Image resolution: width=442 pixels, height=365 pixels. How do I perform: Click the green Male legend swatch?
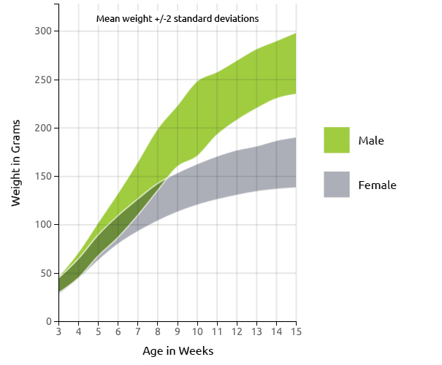coord(337,140)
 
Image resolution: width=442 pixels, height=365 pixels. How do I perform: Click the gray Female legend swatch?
coord(337,185)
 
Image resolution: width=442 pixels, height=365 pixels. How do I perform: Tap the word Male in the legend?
coord(371,141)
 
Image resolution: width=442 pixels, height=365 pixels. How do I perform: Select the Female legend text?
coord(378,185)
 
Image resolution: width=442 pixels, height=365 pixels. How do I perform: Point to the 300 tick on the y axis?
coord(43,31)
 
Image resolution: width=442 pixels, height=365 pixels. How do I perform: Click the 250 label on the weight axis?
coord(43,80)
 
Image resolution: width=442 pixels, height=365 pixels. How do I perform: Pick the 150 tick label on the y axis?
coord(43,177)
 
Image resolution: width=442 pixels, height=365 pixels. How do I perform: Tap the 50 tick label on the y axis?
coord(47,273)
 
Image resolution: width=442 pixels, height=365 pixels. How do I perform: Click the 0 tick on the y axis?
coord(50,321)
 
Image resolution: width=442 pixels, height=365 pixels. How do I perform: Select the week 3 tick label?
coord(58,331)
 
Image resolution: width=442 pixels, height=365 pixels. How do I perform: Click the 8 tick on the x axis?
coord(158,331)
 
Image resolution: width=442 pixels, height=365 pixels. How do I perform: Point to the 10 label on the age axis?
coord(197,331)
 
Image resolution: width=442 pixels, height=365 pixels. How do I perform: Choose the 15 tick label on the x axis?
coord(296,331)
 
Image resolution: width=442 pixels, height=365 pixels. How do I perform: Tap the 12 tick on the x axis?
coord(237,331)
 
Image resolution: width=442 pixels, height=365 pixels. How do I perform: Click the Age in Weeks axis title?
coord(178,351)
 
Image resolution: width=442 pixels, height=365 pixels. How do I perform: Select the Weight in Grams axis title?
coord(16,163)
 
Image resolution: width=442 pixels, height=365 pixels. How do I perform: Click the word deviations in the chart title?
coord(236,18)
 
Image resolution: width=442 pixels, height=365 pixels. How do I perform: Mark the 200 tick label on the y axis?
coord(43,128)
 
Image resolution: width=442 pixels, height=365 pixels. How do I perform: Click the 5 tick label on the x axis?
coord(98,331)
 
